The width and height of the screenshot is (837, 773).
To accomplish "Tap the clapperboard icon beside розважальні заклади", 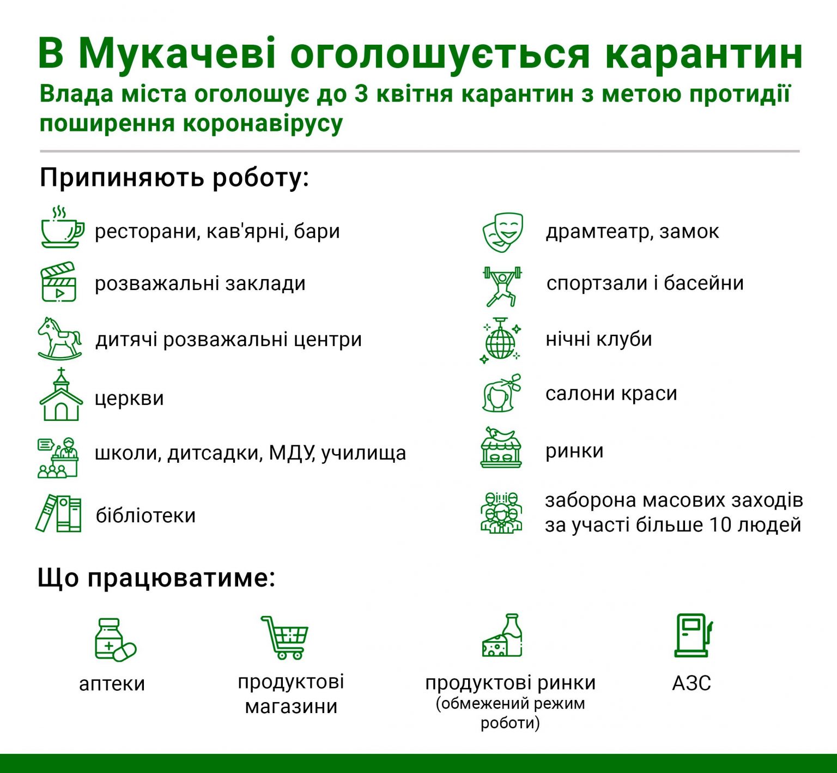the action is coord(58,282).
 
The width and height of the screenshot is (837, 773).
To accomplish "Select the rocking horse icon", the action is coord(60,339).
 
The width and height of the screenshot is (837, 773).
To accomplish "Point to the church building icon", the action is coord(61,395).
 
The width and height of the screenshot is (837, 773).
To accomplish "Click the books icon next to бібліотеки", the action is coord(58,513).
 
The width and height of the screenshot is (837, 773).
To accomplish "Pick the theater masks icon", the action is coord(502,232).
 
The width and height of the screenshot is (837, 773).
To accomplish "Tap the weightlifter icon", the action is coord(502,286).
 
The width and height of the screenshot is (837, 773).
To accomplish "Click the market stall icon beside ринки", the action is coord(501,448).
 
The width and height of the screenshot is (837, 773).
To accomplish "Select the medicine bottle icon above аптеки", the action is coord(115,639).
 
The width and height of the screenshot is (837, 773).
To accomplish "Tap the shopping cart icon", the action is coord(284,637).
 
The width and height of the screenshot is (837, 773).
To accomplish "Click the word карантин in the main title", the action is coord(703,54).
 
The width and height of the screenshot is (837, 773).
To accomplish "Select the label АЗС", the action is coord(692,683).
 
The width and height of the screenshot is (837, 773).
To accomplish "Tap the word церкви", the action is coord(129,398).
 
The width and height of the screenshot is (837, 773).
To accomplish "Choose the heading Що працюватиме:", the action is coord(156,578).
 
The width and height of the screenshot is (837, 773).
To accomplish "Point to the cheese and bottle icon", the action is coord(502,635).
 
